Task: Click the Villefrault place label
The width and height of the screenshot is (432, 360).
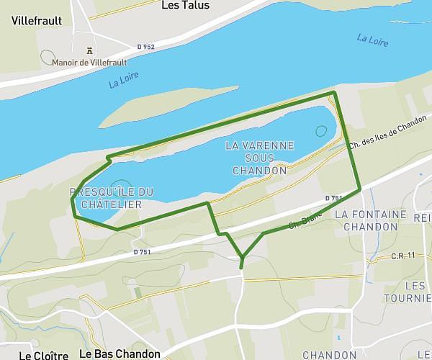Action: tap(37, 21)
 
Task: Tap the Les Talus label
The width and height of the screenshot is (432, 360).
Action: tap(185, 6)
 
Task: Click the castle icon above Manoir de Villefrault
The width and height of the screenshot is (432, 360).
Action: tap(89, 50)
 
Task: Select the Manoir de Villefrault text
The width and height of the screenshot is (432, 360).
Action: tap(90, 62)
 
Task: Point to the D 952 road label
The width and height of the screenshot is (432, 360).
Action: tap(145, 47)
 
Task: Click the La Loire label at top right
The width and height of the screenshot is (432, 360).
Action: tap(372, 39)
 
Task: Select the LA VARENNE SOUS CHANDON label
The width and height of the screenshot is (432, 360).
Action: tap(260, 158)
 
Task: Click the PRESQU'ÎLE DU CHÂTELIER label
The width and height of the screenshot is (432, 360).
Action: tap(112, 198)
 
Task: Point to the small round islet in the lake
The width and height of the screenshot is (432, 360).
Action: tap(320, 131)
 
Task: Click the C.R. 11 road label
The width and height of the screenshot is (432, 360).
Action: tap(404, 256)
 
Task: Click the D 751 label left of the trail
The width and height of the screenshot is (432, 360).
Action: tap(142, 252)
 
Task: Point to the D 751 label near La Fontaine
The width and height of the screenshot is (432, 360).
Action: tap(333, 198)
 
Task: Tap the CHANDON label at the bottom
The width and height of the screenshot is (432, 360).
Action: tap(329, 355)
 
